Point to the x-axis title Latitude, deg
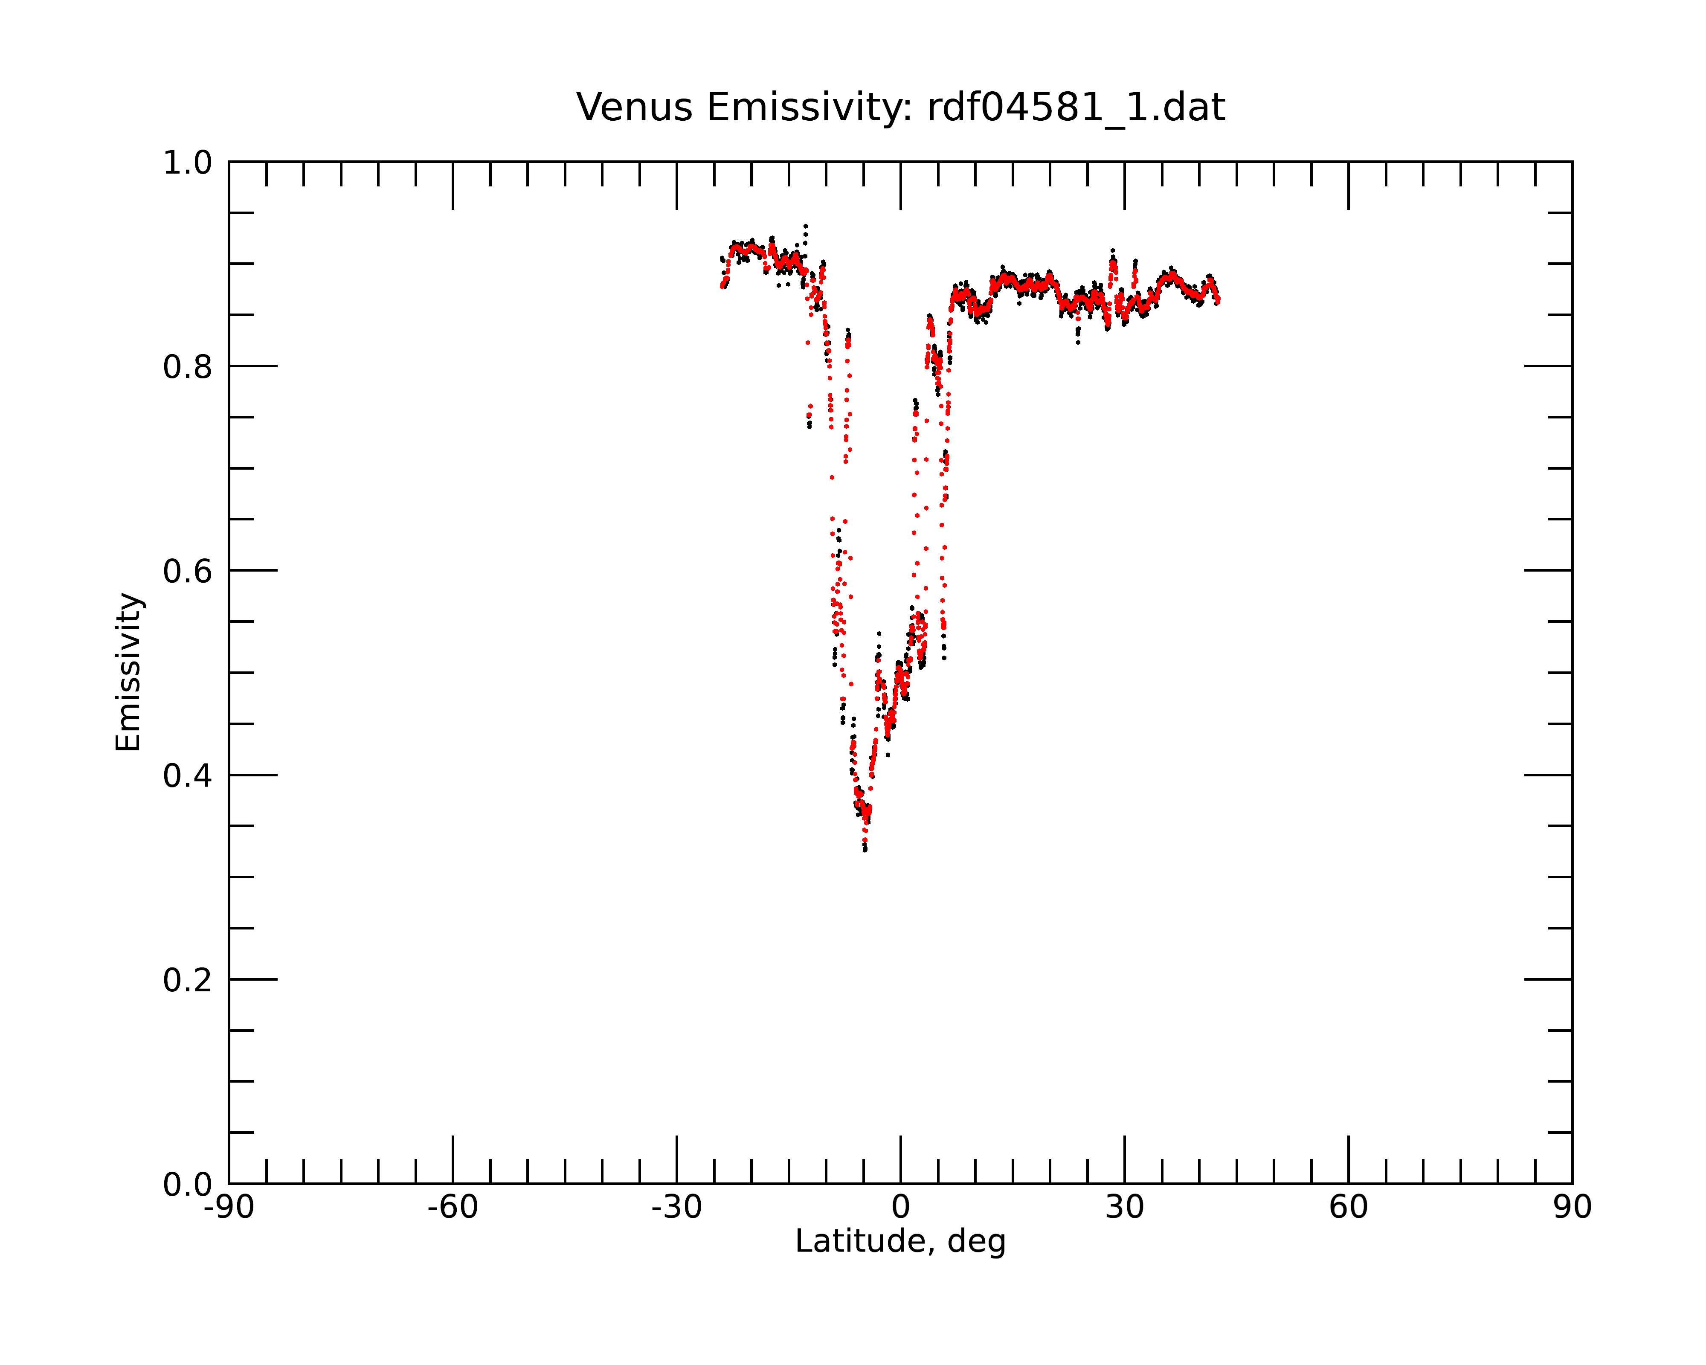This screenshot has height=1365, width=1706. pyautogui.click(x=900, y=1242)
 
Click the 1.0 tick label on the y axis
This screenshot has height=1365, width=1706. pyautogui.click(x=188, y=163)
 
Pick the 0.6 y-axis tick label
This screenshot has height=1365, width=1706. pyautogui.click(x=188, y=571)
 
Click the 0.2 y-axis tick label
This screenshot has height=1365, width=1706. pyautogui.click(x=188, y=980)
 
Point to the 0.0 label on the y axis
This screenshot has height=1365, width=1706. pyautogui.click(x=188, y=1185)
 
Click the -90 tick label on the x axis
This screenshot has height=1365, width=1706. pyautogui.click(x=229, y=1208)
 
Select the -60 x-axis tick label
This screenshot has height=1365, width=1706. pyautogui.click(x=453, y=1208)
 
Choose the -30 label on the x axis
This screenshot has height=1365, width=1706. pyautogui.click(x=676, y=1208)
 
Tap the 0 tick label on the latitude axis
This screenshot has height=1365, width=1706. pyautogui.click(x=900, y=1208)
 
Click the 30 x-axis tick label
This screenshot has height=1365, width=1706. pyautogui.click(x=1124, y=1208)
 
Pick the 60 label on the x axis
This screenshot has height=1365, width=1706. pyautogui.click(x=1348, y=1208)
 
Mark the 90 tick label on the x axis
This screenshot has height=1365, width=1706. pyautogui.click(x=1572, y=1208)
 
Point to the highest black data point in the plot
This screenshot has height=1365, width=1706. pyautogui.click(x=806, y=226)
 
